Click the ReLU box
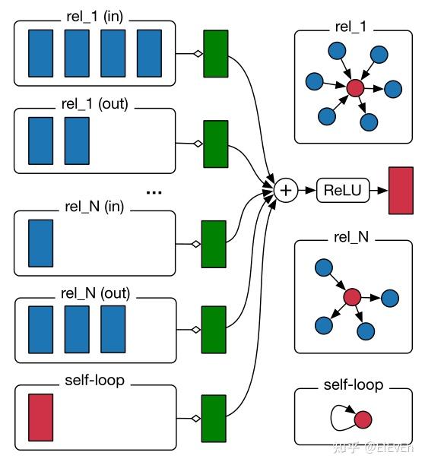[342, 189]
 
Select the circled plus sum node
[286, 189]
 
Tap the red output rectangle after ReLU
[400, 189]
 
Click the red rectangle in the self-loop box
[41, 417]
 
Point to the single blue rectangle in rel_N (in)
[41, 243]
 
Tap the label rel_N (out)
[96, 293]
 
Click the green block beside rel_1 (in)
[216, 54]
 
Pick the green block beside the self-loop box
[214, 418]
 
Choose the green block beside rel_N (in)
[214, 244]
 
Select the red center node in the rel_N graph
[351, 297]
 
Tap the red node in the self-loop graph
[363, 419]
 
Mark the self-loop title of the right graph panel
[352, 386]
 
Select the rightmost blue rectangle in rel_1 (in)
[150, 54]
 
